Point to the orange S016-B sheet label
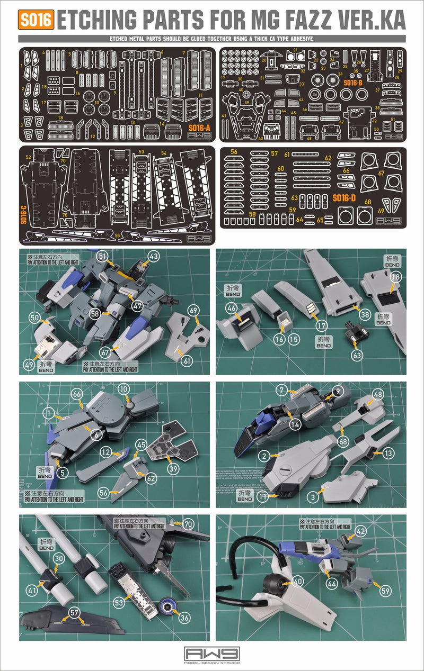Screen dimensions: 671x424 click(x=352, y=83)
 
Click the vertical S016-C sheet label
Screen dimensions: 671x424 click(x=24, y=214)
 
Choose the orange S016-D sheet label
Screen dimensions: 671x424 click(x=343, y=198)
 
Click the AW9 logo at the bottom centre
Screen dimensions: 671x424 click(x=212, y=653)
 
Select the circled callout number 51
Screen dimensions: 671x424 click(x=102, y=256)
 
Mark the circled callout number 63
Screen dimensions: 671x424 click(x=357, y=356)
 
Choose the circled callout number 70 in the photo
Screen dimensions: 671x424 click(x=188, y=525)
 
